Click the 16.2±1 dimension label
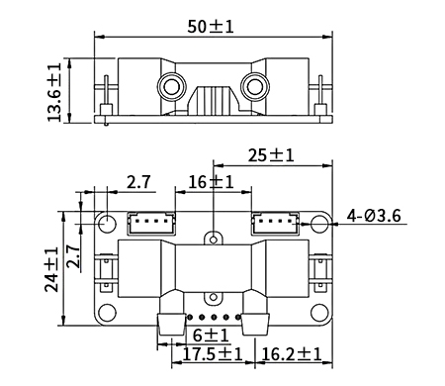pyautogui.click(x=291, y=353)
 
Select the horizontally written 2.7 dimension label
pyautogui.click(x=139, y=181)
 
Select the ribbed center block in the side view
pyautogui.click(x=212, y=102)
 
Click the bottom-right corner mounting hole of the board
pyautogui.click(x=320, y=313)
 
